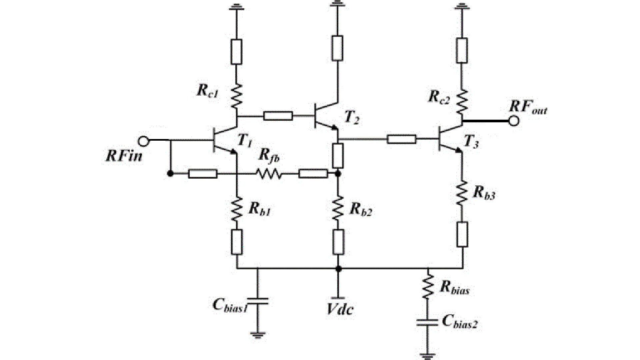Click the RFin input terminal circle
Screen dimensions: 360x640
coord(144,141)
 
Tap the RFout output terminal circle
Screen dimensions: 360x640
coord(514,121)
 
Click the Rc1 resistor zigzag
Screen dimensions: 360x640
coord(236,96)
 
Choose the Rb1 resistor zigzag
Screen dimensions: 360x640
coord(237,209)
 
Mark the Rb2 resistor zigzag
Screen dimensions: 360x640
coord(338,208)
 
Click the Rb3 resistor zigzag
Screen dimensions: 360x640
coord(462,193)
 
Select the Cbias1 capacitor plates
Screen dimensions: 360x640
coord(258,301)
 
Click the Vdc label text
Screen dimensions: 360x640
coord(339,310)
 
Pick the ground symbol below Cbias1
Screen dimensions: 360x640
coord(258,334)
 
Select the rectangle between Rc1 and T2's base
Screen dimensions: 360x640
coord(278,116)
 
